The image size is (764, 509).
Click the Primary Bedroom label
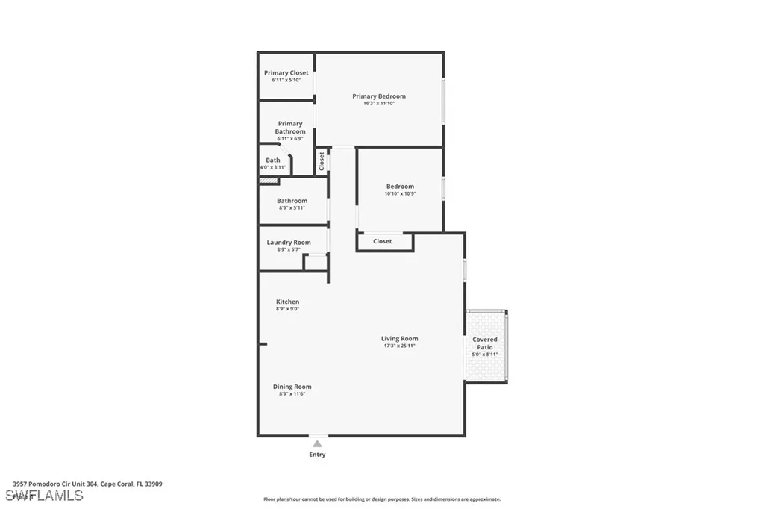click(x=379, y=96)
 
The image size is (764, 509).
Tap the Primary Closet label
click(x=286, y=73)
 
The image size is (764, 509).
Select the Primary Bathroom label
click(x=290, y=128)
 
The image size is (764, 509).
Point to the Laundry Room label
click(x=289, y=243)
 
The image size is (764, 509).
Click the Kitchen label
click(x=287, y=302)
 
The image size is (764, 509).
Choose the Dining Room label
click(x=292, y=387)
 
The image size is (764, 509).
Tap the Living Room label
click(x=399, y=339)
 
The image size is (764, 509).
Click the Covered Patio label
click(x=485, y=343)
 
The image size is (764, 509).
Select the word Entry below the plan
click(x=317, y=455)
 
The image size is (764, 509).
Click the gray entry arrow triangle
click(x=317, y=443)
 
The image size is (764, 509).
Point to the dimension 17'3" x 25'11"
click(x=399, y=346)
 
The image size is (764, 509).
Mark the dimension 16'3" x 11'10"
click(x=379, y=103)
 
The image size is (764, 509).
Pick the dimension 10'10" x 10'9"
click(x=400, y=193)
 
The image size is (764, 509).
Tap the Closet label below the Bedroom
click(x=383, y=241)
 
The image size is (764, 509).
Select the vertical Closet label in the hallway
click(x=322, y=160)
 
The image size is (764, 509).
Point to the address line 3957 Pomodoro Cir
click(x=87, y=484)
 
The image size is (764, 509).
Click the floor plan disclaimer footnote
click(x=381, y=499)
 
